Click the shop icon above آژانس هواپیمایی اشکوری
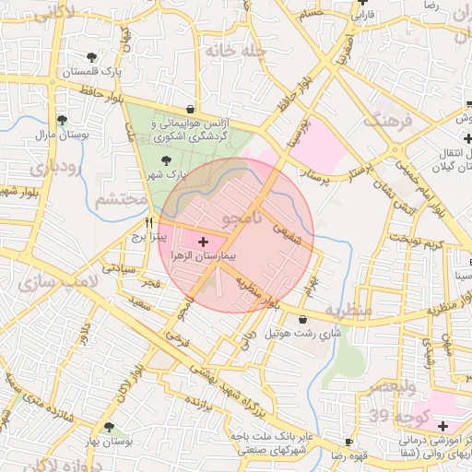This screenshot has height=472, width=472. pyautogui.click(x=190, y=108)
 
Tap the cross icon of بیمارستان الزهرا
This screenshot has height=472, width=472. pyautogui.click(x=203, y=241)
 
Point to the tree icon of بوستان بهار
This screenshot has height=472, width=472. pyautogui.click(x=111, y=428)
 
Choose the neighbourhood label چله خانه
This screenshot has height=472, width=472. pyautogui.click(x=235, y=53)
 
